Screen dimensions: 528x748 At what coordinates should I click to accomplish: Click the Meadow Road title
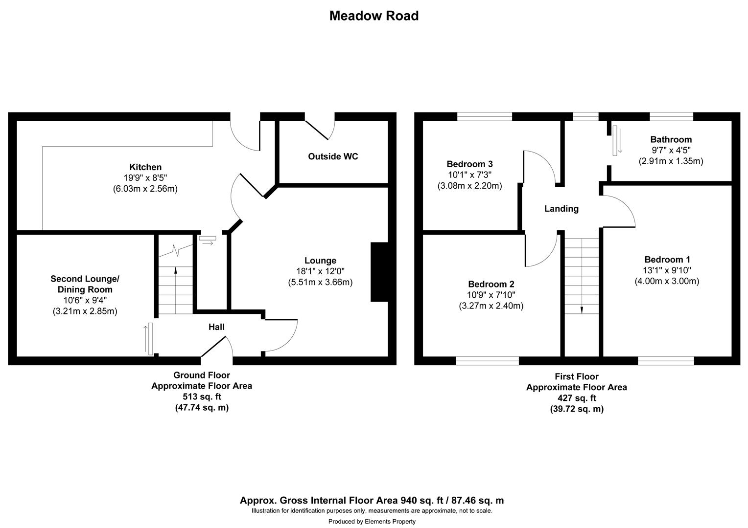pos(374,16)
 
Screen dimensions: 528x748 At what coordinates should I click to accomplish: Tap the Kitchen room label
pos(145,167)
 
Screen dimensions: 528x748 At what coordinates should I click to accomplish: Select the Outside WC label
pos(333,156)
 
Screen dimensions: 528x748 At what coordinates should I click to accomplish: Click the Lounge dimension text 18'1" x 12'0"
pos(320,271)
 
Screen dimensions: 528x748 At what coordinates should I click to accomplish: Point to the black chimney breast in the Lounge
pos(379,272)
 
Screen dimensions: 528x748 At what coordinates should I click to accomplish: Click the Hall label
pos(216,327)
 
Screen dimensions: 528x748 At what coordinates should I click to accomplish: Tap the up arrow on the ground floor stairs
pos(175,270)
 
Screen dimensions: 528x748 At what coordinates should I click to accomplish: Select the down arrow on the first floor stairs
pos(582,309)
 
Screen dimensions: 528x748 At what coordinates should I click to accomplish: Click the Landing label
pos(561,209)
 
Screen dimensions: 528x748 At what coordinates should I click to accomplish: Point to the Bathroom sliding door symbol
pos(615,141)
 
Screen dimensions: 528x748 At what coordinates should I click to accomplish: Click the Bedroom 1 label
pos(667,260)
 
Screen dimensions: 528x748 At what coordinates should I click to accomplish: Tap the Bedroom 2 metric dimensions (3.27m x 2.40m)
pos(491,306)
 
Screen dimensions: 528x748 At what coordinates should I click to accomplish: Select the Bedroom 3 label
pos(469,164)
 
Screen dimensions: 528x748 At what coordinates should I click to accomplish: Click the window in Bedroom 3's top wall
pos(485,116)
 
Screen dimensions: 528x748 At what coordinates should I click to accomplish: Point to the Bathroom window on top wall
pos(671,116)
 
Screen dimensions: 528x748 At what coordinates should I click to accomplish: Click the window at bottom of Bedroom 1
pos(666,361)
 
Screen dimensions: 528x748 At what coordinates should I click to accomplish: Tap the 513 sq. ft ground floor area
pos(202,396)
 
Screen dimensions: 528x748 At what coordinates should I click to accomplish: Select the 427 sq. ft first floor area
pos(576,398)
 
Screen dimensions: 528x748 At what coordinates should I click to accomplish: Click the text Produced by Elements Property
pos(372,522)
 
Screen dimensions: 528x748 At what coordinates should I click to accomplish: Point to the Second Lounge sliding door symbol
pos(150,338)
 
